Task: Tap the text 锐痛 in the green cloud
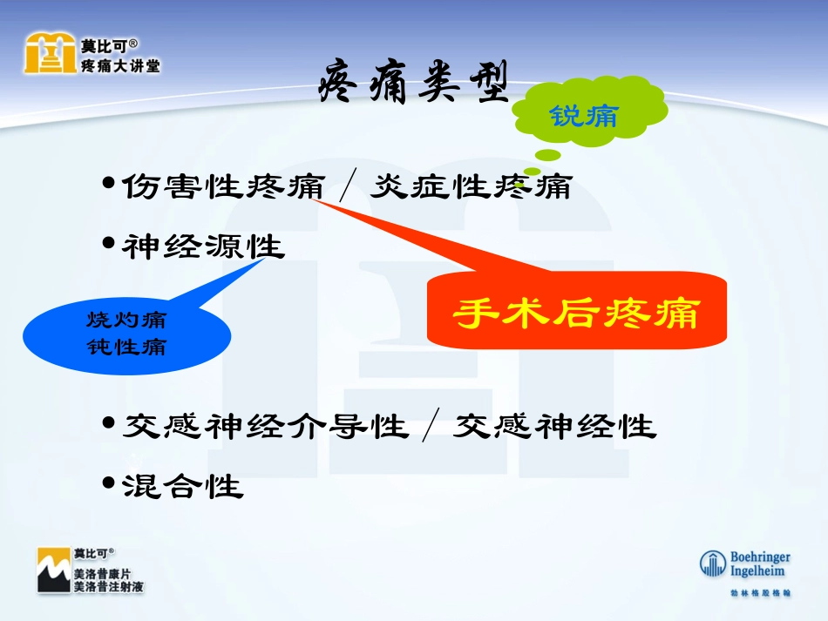pyautogui.click(x=583, y=114)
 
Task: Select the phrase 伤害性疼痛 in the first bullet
pyautogui.click(x=223, y=186)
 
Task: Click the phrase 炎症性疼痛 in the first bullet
pyautogui.click(x=471, y=186)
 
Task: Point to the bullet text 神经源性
pyautogui.click(x=203, y=247)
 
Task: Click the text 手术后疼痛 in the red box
pyautogui.click(x=576, y=314)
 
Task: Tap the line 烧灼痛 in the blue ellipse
pyautogui.click(x=126, y=320)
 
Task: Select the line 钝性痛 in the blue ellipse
pyautogui.click(x=126, y=347)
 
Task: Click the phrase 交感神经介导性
pyautogui.click(x=265, y=426)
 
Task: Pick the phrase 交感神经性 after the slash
pyautogui.click(x=554, y=426)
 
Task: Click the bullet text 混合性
pyautogui.click(x=182, y=485)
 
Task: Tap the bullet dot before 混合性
pyautogui.click(x=108, y=483)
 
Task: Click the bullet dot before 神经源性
pyautogui.click(x=108, y=244)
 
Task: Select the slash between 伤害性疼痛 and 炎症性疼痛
pyautogui.click(x=347, y=186)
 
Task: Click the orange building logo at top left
pyautogui.click(x=49, y=54)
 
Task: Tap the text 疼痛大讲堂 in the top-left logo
pyautogui.click(x=120, y=66)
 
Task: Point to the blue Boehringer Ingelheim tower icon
pyautogui.click(x=713, y=564)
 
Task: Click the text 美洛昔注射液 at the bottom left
pyautogui.click(x=109, y=588)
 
